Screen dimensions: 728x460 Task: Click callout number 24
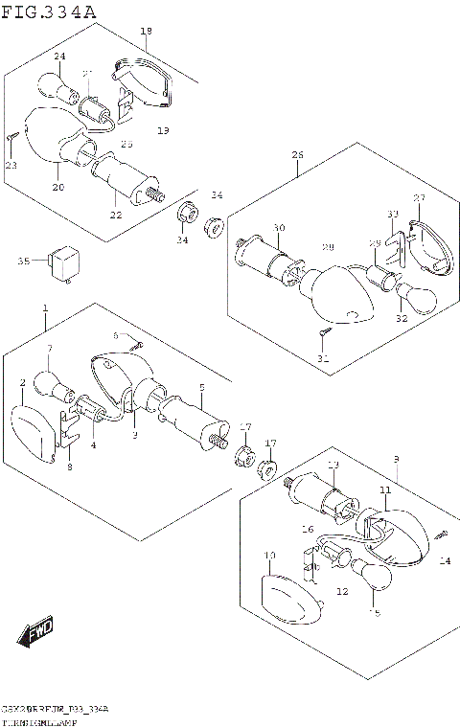[x=59, y=57]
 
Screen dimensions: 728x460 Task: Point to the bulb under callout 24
[x=56, y=87]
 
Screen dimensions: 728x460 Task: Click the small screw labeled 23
[x=11, y=139]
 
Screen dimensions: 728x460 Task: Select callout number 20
[x=57, y=187]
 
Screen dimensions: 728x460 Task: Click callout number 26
[x=297, y=155]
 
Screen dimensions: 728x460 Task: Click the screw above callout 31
[x=324, y=332]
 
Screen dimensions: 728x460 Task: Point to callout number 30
[x=278, y=227]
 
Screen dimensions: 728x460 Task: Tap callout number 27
[x=418, y=198]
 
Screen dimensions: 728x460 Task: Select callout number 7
[x=50, y=348]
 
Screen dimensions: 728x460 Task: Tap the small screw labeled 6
[x=136, y=345]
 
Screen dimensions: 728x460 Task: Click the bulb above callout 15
[x=372, y=578]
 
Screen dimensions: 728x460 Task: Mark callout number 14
[x=443, y=561]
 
